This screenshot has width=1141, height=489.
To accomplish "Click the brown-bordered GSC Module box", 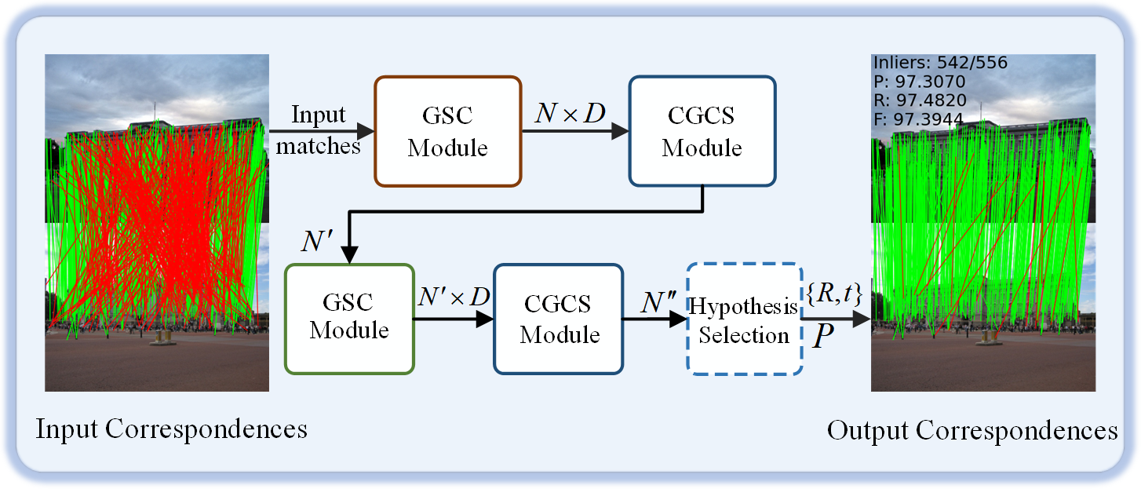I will [x=448, y=131].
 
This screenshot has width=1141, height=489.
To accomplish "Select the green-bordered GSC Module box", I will [x=349, y=318].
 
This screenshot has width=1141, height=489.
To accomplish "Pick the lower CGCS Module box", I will [x=559, y=318].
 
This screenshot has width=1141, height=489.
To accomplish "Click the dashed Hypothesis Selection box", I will [x=744, y=319].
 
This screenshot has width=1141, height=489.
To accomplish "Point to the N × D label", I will [x=570, y=115].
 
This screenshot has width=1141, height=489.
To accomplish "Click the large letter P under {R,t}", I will [x=823, y=337].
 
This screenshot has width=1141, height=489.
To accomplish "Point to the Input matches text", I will [x=319, y=130].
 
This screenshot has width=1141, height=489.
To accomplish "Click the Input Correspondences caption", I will [x=171, y=429].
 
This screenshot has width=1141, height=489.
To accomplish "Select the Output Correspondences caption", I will [x=972, y=430].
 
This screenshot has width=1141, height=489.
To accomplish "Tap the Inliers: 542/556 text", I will [x=940, y=63].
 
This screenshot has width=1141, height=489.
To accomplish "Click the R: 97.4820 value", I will [x=919, y=100].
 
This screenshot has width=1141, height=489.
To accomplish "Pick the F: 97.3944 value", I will [x=919, y=119].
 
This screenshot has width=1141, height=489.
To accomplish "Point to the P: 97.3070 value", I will [x=919, y=82].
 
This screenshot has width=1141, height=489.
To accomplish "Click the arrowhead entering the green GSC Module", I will [x=348, y=255].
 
